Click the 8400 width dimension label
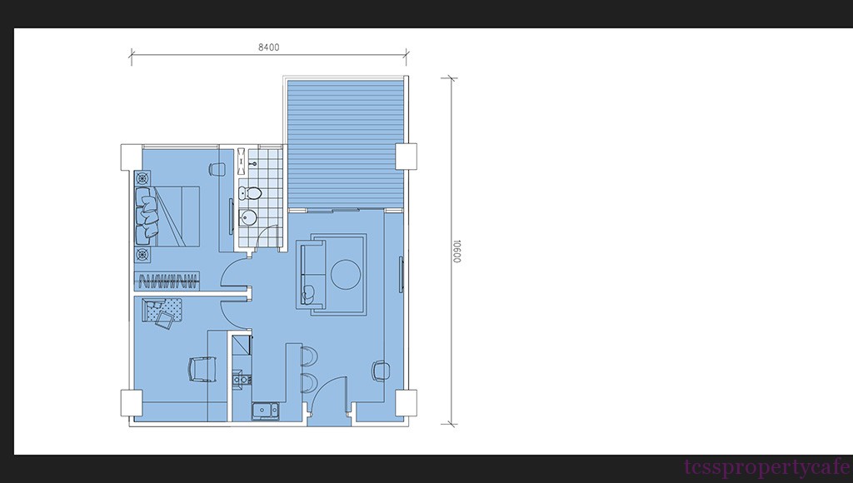[x=269, y=47]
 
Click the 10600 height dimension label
[x=456, y=251]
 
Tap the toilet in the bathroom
[x=250, y=192]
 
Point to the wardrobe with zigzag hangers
[x=167, y=281]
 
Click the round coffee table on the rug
[x=346, y=274]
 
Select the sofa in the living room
[x=312, y=274]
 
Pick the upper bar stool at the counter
[x=308, y=356]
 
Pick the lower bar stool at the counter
[x=308, y=382]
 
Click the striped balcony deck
[x=345, y=144]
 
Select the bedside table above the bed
[x=142, y=178]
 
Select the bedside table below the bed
[x=142, y=254]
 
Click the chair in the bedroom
[x=217, y=169]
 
